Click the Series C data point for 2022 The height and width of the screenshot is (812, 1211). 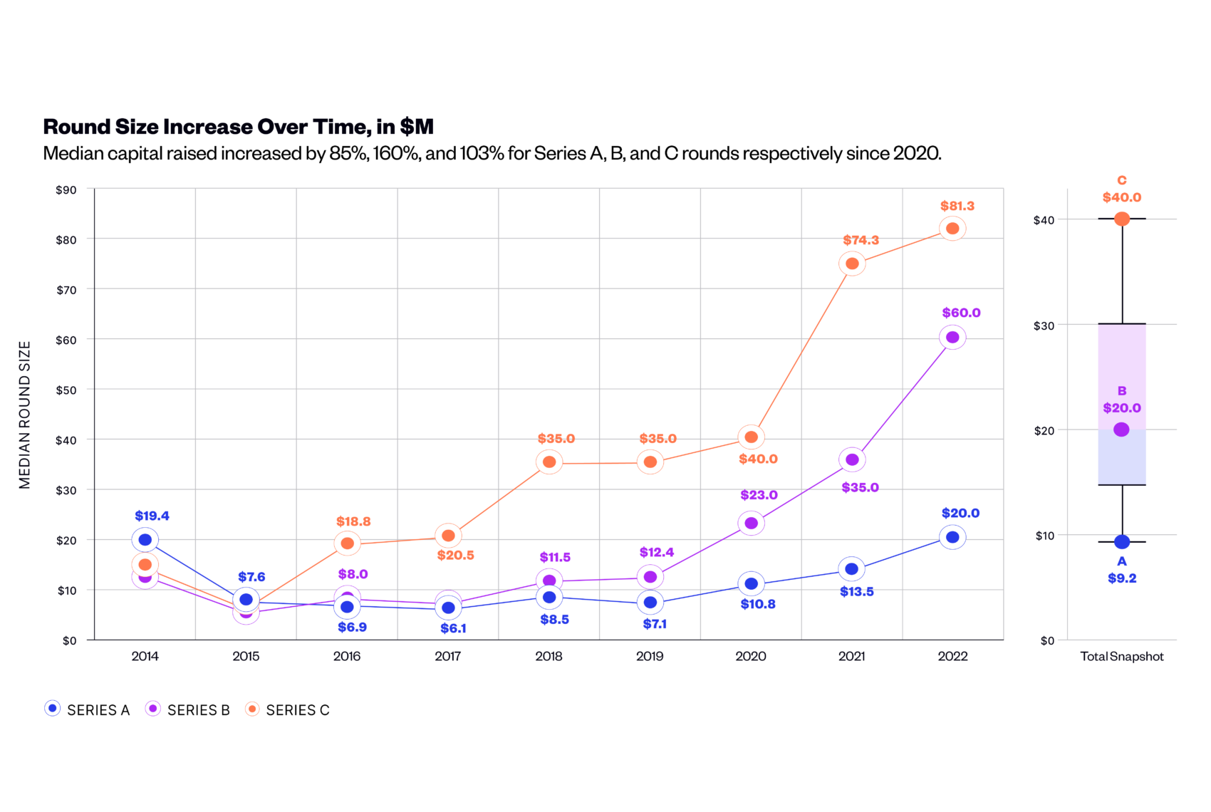952,229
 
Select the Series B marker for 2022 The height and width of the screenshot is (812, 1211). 952,338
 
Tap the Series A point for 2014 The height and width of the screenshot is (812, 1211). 145,540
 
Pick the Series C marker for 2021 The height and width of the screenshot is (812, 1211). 852,264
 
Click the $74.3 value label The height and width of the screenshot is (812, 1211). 861,241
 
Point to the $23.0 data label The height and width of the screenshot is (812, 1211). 759,495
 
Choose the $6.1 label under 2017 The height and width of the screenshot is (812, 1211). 453,628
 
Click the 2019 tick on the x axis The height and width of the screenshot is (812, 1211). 650,656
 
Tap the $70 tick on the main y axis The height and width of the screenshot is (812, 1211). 66,290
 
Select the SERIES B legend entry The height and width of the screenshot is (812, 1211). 188,709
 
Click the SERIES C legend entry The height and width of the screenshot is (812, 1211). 288,709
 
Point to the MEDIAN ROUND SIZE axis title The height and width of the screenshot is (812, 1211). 25,415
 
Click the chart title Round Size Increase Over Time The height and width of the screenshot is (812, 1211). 238,127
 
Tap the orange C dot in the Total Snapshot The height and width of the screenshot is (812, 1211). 1122,219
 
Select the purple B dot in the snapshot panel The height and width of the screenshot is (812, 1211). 1121,430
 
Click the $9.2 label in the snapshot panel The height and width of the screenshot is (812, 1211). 1122,578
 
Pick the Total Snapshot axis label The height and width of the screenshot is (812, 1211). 1122,657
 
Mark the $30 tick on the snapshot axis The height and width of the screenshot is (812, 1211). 1044,326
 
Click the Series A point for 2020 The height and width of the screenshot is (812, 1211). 751,584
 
